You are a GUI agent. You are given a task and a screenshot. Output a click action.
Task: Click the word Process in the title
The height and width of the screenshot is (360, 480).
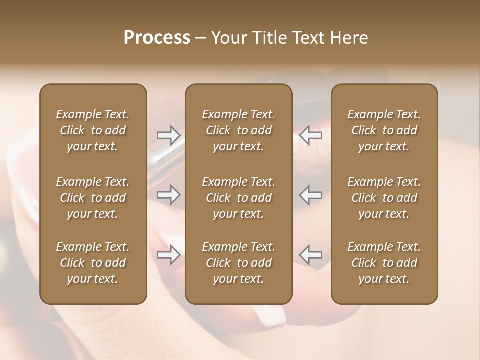157,38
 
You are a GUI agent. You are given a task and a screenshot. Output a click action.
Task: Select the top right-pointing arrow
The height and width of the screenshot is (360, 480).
168,135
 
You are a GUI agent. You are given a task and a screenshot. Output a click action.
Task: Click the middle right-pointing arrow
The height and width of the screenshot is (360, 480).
168,195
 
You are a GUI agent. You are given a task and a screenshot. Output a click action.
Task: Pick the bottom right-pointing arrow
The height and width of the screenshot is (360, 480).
168,255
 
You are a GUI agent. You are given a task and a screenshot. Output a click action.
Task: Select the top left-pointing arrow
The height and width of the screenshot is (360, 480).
311,135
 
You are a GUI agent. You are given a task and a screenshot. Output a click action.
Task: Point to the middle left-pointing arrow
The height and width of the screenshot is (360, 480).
311,195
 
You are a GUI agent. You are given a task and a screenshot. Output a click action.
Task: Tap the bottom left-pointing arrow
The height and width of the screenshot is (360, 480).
311,255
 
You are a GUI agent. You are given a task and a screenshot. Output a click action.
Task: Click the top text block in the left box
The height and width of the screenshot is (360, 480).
93,130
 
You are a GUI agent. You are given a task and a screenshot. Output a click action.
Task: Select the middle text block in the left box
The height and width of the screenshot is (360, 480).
93,198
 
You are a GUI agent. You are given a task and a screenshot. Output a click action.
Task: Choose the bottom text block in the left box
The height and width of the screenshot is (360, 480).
93,263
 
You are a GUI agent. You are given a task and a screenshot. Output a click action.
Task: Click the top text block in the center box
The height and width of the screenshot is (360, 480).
239,130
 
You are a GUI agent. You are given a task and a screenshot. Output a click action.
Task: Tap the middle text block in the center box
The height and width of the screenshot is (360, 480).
239,198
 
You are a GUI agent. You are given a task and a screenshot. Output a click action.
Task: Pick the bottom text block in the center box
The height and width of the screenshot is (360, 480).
239,263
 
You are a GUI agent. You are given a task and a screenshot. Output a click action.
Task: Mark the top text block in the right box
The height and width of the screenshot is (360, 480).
384,130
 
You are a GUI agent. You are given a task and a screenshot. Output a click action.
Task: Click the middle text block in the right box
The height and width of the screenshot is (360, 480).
384,198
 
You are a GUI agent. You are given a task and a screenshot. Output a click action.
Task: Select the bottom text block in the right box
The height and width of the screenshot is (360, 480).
384,263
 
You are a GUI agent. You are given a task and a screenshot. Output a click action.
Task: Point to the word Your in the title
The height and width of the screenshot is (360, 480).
229,38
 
